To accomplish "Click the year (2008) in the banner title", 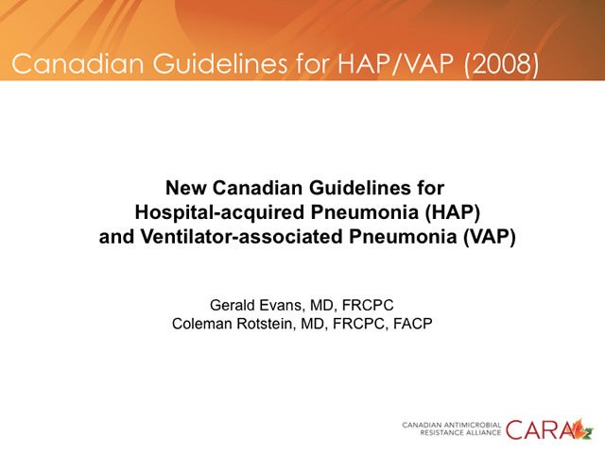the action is pyautogui.click(x=501, y=63).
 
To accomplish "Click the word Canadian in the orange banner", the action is pyautogui.click(x=78, y=63).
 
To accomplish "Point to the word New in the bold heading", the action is pyautogui.click(x=185, y=188).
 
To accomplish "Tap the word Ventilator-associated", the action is pyautogui.click(x=241, y=237).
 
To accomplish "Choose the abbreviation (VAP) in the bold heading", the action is pyautogui.click(x=490, y=237).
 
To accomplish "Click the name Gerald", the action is pyautogui.click(x=232, y=305).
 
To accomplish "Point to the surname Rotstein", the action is pyautogui.click(x=266, y=324).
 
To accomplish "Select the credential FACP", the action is pyautogui.click(x=412, y=324).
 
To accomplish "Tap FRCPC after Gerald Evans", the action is pyautogui.click(x=368, y=305).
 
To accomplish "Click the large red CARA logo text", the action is pyautogui.click(x=540, y=430).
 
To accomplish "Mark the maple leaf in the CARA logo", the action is pyautogui.click(x=582, y=429).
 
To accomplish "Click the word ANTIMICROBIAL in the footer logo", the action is pyautogui.click(x=473, y=426).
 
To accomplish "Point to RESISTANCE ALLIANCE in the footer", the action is pyautogui.click(x=460, y=433).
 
